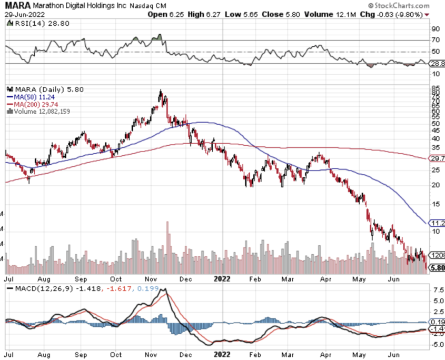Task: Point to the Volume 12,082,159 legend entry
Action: click(x=39, y=111)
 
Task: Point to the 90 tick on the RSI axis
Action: click(x=436, y=30)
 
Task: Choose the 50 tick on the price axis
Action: click(x=436, y=123)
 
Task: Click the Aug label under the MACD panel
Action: click(x=44, y=355)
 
